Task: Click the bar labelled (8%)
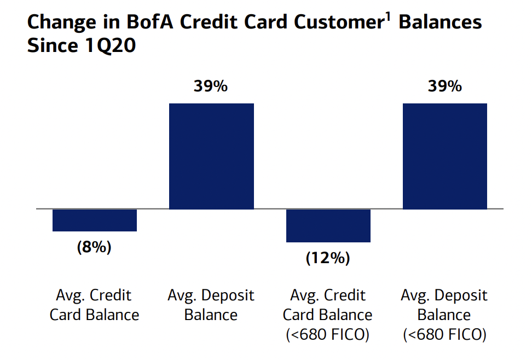(95, 220)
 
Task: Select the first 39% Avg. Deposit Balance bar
(211, 156)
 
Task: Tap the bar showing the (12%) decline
(328, 225)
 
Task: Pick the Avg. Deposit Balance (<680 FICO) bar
(444, 156)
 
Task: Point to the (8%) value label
(94, 247)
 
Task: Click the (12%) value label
(328, 258)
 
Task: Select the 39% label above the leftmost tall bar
(211, 86)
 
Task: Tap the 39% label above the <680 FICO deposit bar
(444, 86)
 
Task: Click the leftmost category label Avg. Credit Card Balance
(94, 305)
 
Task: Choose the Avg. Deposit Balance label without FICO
(211, 305)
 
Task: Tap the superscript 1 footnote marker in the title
(387, 16)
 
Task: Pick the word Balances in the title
(440, 23)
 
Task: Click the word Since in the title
(51, 46)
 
